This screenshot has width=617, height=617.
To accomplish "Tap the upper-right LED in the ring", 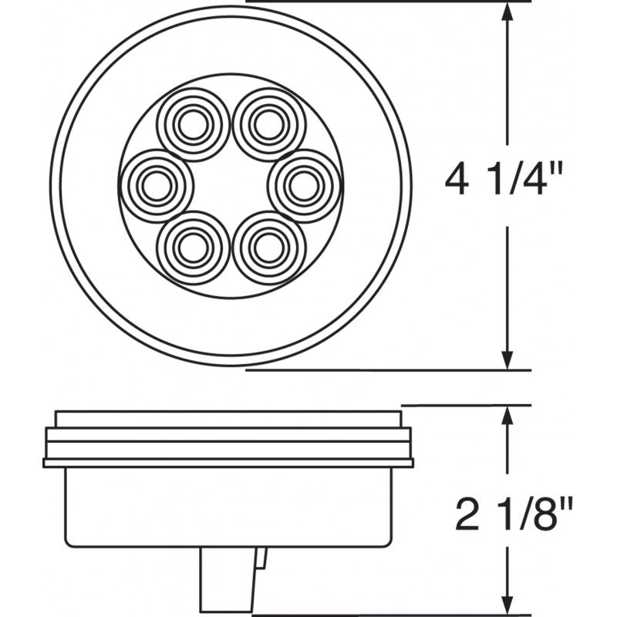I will [x=267, y=123].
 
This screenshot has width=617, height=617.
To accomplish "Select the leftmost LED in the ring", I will [x=157, y=185].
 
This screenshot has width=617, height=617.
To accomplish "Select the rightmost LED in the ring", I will [x=303, y=185].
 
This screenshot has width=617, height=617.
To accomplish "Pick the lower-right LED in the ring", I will [x=267, y=247].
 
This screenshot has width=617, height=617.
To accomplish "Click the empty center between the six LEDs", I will [x=229, y=185].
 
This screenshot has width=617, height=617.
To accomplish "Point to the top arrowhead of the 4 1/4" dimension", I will [x=507, y=12].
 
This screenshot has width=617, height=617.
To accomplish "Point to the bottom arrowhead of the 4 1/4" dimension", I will [x=507, y=360].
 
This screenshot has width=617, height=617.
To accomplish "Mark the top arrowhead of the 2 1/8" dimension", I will [x=507, y=415].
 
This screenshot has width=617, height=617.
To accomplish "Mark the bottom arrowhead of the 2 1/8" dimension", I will [x=507, y=605].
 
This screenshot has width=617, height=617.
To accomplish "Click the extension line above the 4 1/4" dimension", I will [x=386, y=2].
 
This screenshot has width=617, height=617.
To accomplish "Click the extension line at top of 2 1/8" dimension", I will [x=463, y=404].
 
